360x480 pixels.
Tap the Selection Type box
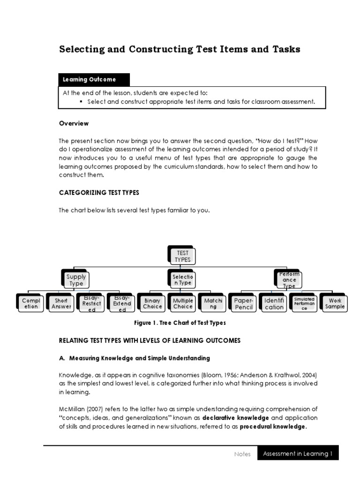click(x=182, y=280)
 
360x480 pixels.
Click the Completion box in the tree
click(x=31, y=303)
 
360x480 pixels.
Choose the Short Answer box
click(x=61, y=303)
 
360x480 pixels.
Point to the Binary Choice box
click(x=152, y=303)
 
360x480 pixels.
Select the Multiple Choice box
click(x=183, y=303)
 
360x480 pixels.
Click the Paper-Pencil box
click(x=244, y=303)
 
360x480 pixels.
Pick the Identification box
click(x=274, y=303)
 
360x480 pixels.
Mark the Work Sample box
click(x=335, y=303)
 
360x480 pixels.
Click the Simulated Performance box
click(x=305, y=303)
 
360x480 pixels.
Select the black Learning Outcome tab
click(x=94, y=80)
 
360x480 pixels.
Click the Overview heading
click(x=74, y=123)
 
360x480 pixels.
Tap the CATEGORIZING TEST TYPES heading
click(x=99, y=193)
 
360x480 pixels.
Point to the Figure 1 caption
click(x=180, y=323)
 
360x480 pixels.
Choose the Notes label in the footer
click(x=242, y=454)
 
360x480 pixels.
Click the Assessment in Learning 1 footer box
click(x=298, y=453)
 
